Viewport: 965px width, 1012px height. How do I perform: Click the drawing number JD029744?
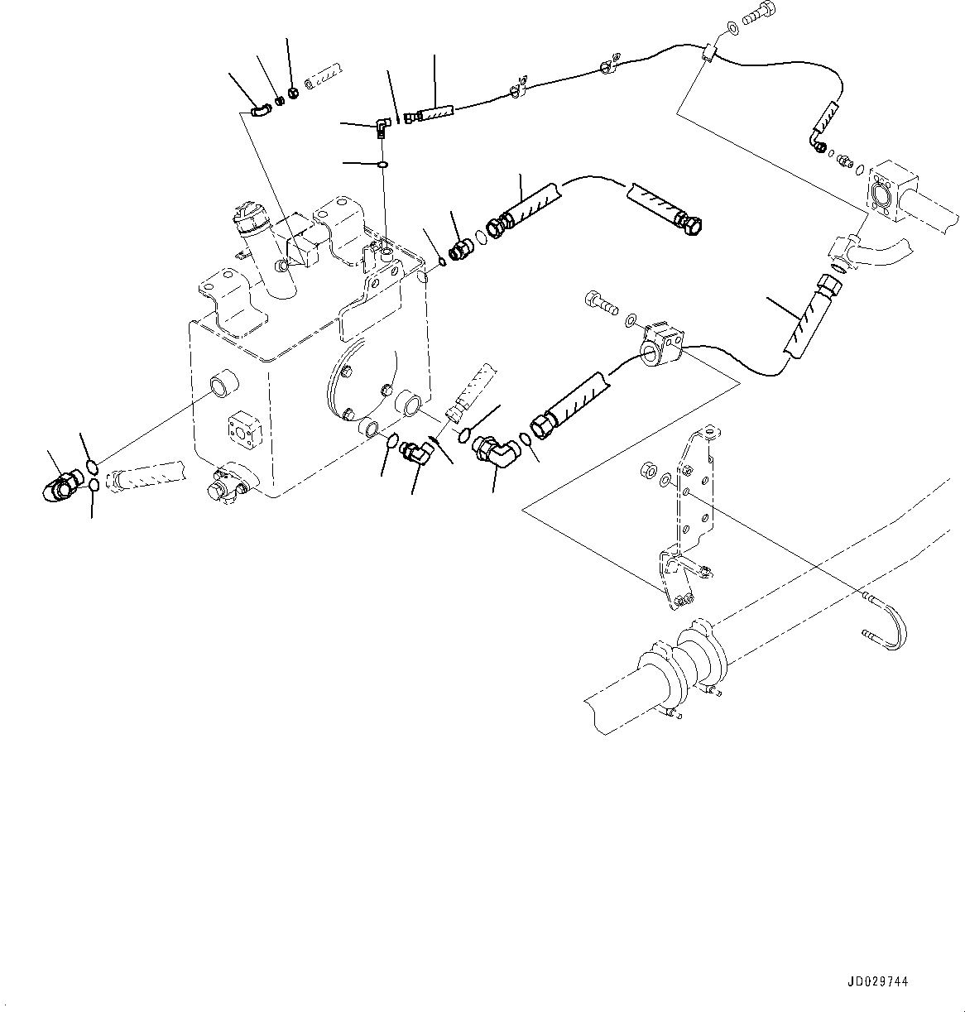[876, 982]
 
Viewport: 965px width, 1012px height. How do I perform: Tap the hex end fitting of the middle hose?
[689, 222]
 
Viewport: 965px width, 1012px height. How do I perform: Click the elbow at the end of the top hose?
[819, 146]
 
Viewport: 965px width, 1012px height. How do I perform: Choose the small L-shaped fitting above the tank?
[380, 127]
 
